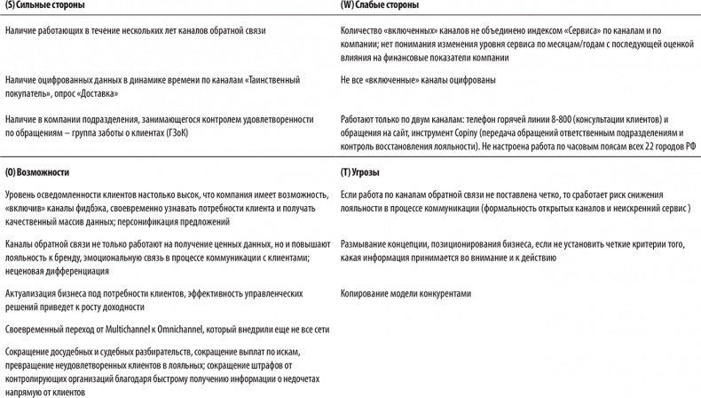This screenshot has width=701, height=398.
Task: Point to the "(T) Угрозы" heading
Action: tap(365, 171)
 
